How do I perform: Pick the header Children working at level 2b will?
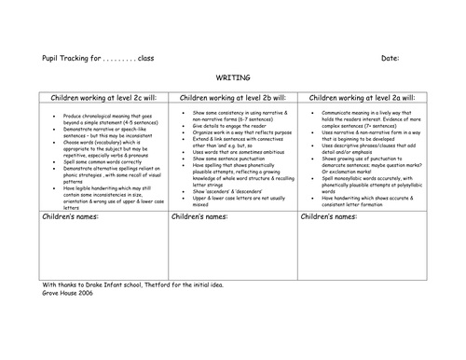(x=232, y=97)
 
